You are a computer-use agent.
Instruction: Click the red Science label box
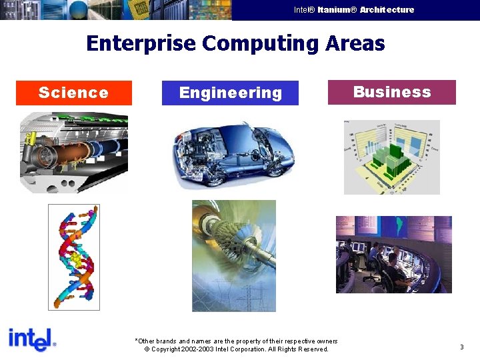pos(73,93)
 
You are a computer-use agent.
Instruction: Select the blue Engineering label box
pos(230,93)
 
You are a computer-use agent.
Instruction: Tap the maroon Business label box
pos(391,92)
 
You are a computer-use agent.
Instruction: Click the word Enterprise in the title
pos(141,43)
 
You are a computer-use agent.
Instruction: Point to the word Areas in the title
pos(355,43)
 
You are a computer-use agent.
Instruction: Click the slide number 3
pos(461,347)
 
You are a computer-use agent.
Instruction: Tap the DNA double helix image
pos(74,257)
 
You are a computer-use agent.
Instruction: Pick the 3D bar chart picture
pos(391,157)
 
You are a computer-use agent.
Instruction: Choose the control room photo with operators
pos(393,254)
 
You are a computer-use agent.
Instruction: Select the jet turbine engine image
pos(233,255)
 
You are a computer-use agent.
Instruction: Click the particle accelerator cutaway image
pos(73,152)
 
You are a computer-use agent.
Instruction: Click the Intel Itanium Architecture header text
pos(354,10)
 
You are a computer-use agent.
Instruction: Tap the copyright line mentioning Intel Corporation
pos(237,349)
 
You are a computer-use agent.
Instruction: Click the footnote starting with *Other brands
pos(237,341)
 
